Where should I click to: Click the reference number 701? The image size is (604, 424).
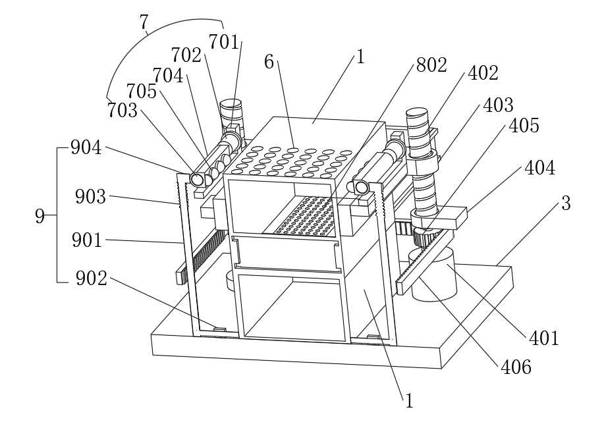point(224,43)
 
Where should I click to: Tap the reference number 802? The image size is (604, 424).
point(431,65)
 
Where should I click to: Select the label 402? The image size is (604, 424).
point(483,73)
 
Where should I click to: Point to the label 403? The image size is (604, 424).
point(499,105)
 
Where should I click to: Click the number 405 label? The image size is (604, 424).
point(522,126)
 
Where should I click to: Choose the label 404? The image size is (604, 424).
point(539,169)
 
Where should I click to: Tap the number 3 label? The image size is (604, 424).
point(564,203)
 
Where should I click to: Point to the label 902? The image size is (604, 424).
point(91,278)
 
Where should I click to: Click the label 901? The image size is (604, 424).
point(88,240)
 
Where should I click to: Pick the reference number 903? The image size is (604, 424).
point(90,196)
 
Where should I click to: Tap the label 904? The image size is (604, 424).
point(86,149)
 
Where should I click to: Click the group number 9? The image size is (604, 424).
point(40,215)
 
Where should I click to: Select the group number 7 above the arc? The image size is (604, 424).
point(144,22)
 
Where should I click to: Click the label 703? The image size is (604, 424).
point(123,111)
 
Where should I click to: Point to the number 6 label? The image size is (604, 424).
point(269,63)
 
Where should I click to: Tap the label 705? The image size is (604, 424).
point(142,92)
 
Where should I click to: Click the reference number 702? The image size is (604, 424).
point(186,55)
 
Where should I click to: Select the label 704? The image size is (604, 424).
point(168,76)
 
